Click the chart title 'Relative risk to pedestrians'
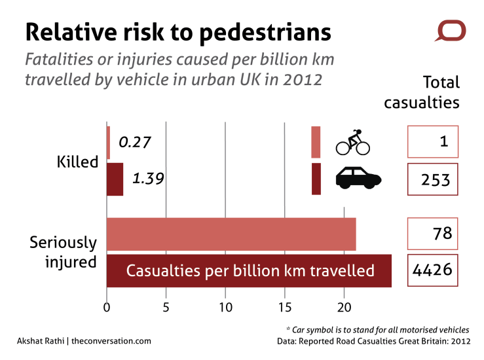177,31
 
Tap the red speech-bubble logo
451,31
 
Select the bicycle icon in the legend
353,143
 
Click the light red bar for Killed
108,142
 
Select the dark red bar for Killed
115,179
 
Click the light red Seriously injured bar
231,234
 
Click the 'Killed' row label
77,162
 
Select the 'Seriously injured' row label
64,252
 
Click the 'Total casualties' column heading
431,92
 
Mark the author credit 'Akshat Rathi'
41,341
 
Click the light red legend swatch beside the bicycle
316,142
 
